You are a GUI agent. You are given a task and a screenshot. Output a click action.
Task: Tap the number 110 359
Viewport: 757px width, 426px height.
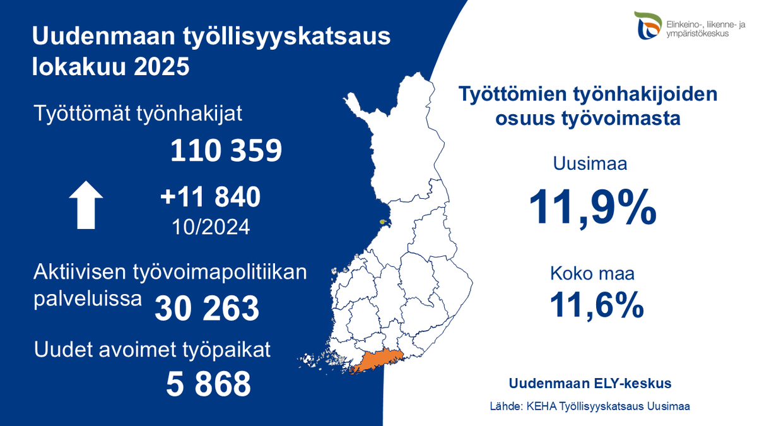pos(226,151)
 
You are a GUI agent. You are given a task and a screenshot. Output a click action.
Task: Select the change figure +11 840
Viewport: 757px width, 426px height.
pos(210,198)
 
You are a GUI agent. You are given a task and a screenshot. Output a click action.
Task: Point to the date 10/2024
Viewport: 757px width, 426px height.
pos(210,225)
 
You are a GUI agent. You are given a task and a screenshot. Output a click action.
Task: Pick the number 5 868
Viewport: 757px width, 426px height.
pos(209,384)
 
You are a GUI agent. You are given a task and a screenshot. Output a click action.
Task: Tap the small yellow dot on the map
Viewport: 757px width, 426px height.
pos(383,222)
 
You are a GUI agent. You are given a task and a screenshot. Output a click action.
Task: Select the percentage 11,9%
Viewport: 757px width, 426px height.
pos(592,206)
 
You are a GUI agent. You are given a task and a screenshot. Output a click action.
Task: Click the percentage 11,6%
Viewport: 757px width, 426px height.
pos(596,305)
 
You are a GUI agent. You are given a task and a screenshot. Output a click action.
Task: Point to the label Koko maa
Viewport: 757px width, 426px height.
pos(592,275)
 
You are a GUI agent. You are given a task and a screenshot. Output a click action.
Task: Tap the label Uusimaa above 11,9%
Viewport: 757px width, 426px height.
pos(590,165)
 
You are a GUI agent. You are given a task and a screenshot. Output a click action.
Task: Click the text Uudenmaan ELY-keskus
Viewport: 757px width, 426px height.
pos(590,383)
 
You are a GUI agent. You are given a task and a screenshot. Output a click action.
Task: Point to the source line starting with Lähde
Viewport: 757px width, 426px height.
pos(590,406)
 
